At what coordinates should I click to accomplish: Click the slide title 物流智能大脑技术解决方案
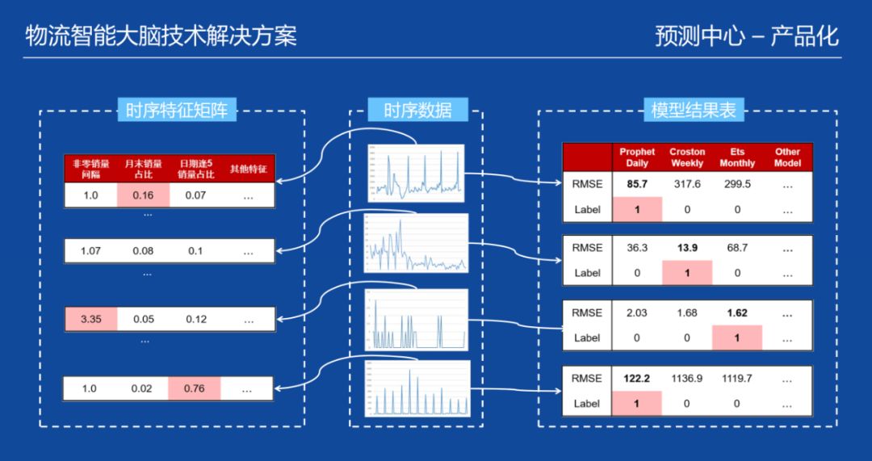click(161, 36)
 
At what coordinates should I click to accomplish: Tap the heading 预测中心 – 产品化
click(747, 36)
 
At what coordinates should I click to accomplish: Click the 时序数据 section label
click(417, 110)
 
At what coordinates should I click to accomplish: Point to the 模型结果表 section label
click(694, 110)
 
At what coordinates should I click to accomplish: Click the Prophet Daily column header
click(637, 157)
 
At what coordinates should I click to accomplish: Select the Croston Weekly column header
click(687, 157)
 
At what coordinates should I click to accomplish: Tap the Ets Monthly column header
click(737, 157)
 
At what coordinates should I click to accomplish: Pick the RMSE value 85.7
click(637, 184)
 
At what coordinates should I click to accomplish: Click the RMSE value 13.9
click(687, 248)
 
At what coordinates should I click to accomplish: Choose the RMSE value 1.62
click(737, 312)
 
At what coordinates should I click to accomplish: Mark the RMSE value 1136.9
click(687, 378)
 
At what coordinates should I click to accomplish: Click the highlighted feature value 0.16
click(143, 195)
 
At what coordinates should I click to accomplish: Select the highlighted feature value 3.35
click(90, 319)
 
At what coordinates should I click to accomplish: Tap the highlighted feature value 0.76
click(195, 388)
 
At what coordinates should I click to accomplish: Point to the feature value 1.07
click(90, 251)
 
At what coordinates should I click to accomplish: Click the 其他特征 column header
click(247, 169)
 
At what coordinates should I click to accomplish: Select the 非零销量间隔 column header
click(90, 168)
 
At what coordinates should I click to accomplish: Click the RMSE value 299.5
click(737, 184)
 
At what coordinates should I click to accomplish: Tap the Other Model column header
click(787, 157)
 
